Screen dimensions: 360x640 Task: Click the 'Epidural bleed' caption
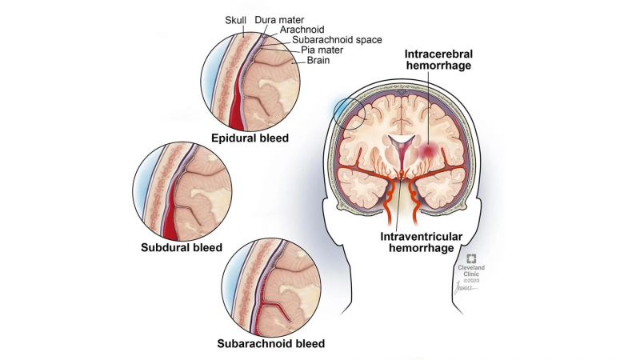[250, 137]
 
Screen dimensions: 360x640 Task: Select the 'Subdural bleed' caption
[182, 247]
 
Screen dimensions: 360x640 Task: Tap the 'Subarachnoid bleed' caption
[271, 345]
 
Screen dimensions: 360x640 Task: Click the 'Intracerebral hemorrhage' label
[438, 60]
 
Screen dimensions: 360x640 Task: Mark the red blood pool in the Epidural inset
[235, 108]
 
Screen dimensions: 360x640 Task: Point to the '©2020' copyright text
[472, 282]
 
